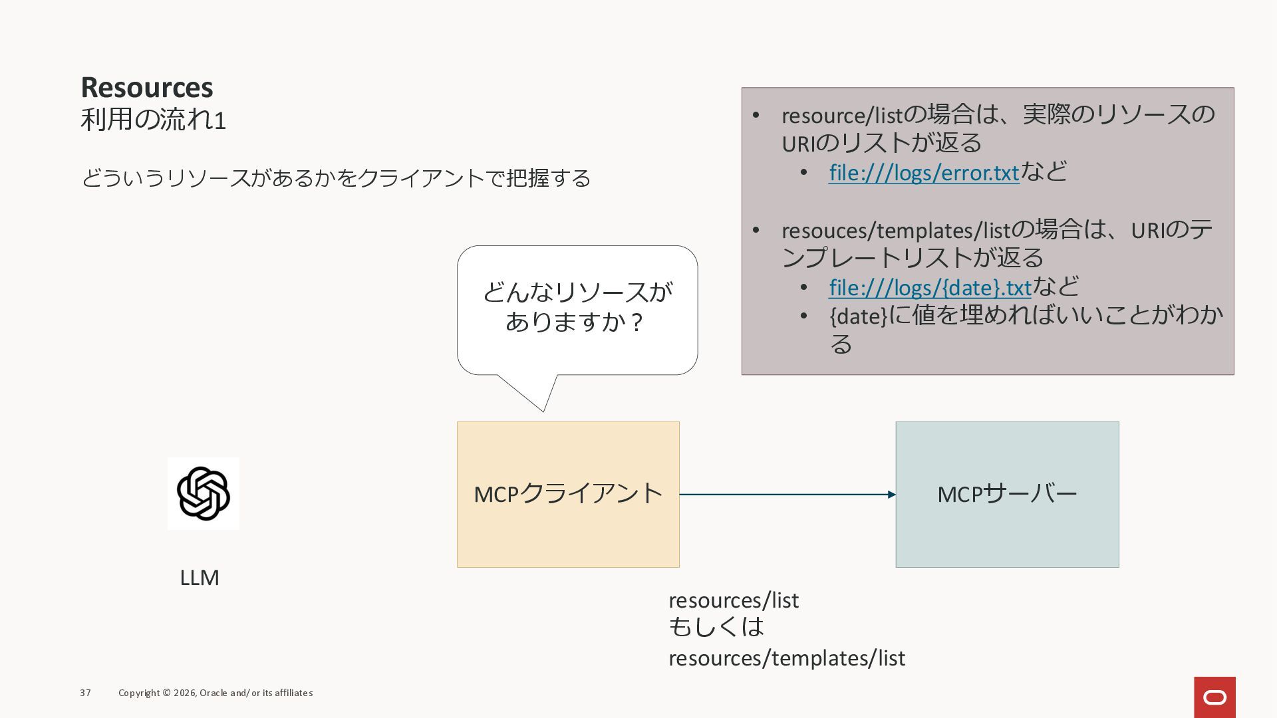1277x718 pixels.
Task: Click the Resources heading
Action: tap(147, 87)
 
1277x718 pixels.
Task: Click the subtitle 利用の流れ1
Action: tap(153, 120)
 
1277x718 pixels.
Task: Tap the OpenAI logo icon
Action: tap(203, 493)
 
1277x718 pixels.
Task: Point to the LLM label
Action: tap(200, 577)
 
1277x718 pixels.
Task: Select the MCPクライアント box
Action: tap(568, 494)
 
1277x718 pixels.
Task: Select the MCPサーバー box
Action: tap(1007, 494)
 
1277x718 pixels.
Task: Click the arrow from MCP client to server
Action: tap(787, 495)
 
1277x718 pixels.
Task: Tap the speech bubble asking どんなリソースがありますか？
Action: tap(577, 308)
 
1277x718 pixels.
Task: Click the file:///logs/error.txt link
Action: tap(923, 172)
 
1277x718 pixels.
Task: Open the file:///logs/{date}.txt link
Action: tap(929, 287)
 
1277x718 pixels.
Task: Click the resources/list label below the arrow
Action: tap(734, 600)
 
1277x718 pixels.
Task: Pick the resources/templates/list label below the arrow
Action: tap(787, 658)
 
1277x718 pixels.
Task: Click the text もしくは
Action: tap(716, 627)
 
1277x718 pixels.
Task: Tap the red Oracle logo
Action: tap(1214, 697)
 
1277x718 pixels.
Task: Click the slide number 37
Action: tap(85, 693)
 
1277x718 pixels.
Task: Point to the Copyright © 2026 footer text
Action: tap(215, 693)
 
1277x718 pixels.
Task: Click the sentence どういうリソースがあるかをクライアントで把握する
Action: tap(336, 178)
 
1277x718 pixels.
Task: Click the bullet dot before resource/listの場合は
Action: tap(756, 115)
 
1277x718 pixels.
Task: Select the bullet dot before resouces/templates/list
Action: tap(756, 230)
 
